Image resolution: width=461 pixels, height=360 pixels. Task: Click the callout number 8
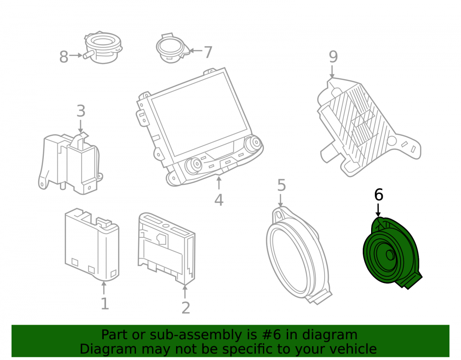(64, 57)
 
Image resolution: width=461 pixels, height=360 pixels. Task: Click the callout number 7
(208, 52)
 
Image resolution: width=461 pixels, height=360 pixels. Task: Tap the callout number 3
(81, 111)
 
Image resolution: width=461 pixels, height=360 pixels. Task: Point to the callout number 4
(219, 200)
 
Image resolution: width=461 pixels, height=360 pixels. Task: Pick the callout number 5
(281, 185)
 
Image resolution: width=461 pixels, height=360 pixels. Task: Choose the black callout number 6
(378, 195)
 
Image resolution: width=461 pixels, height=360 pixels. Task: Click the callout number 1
(105, 304)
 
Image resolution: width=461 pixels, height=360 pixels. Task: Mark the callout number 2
(185, 308)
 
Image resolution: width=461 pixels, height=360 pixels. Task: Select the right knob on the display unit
(254, 143)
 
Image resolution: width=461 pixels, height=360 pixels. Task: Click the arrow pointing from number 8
(76, 55)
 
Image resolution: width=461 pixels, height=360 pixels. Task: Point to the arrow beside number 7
(195, 51)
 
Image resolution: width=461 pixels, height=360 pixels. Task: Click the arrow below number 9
(332, 72)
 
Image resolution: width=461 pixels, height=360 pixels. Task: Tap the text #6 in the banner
(271, 335)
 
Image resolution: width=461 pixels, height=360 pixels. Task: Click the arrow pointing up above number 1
(103, 288)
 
